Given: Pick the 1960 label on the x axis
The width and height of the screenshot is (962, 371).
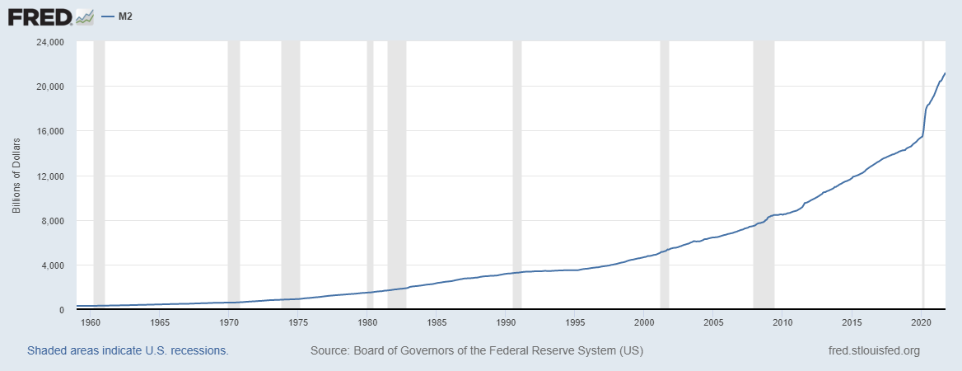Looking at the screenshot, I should click(91, 322).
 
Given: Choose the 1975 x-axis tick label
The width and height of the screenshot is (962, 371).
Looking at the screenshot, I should click(299, 322).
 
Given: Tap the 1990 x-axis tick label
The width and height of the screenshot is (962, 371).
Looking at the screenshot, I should click(507, 322).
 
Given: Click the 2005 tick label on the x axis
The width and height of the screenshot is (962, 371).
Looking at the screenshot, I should click(714, 322).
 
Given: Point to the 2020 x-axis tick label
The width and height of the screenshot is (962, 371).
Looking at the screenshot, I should click(922, 322).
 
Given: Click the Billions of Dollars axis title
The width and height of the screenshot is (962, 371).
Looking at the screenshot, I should click(16, 176).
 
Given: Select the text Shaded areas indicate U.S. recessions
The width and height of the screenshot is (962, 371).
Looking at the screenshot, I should click(128, 351).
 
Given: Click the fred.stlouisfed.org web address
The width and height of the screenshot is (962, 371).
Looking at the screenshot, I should click(873, 351).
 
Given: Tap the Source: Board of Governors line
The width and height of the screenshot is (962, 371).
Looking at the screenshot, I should click(476, 351).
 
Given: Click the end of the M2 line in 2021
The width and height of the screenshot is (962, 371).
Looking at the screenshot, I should click(945, 73).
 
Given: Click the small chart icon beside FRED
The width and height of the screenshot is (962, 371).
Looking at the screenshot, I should click(84, 16).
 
